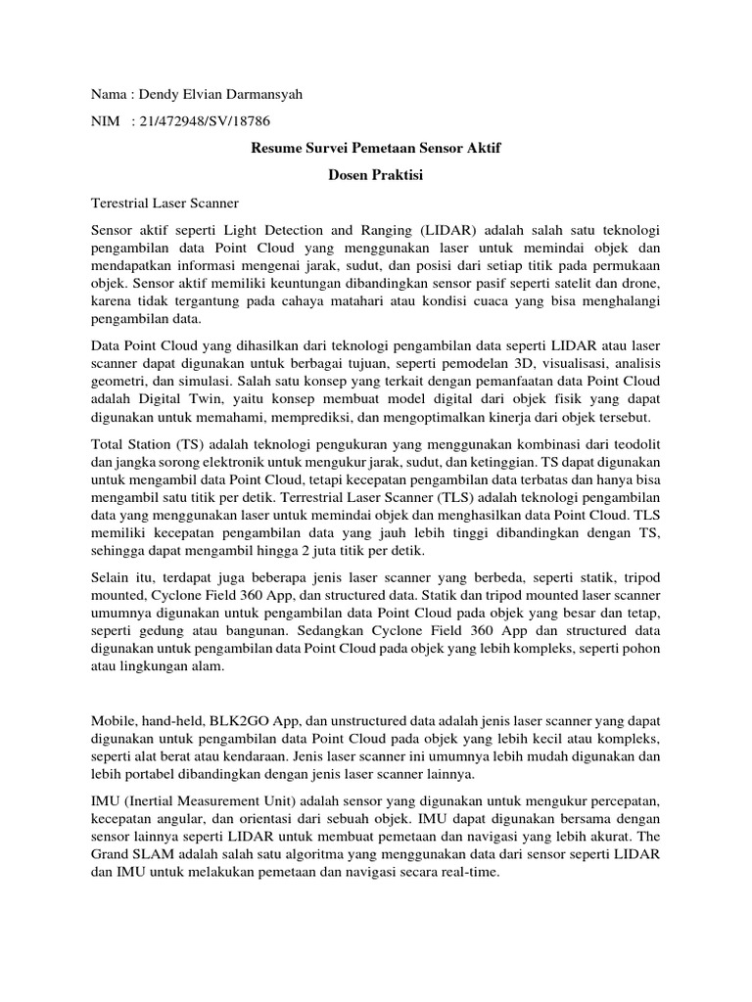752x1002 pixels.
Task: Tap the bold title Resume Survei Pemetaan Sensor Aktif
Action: click(x=376, y=149)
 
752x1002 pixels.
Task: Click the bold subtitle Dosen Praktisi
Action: click(x=376, y=176)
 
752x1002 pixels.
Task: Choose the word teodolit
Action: click(x=634, y=444)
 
